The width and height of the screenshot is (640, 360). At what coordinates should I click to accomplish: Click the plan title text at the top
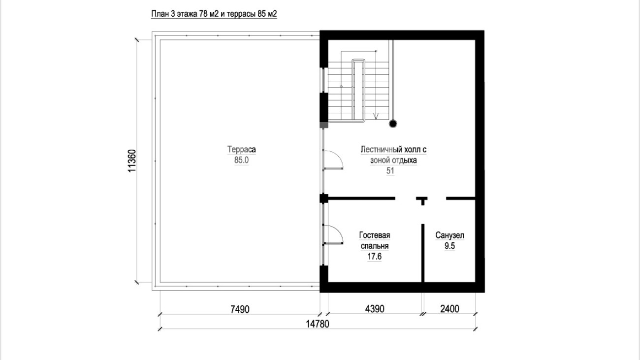click(x=214, y=14)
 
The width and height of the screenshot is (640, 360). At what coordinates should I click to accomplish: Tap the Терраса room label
click(x=241, y=149)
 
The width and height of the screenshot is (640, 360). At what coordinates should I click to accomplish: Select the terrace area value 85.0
click(x=241, y=160)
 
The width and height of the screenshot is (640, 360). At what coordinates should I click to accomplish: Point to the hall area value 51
click(x=390, y=171)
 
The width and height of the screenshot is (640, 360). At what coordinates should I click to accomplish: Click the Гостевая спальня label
click(x=375, y=240)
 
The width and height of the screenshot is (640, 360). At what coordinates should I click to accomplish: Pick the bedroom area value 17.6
click(x=374, y=257)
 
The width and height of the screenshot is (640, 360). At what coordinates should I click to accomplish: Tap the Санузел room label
click(x=449, y=235)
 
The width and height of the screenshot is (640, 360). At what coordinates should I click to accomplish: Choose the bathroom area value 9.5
click(x=449, y=246)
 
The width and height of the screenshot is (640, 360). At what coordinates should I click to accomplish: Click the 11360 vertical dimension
click(x=132, y=161)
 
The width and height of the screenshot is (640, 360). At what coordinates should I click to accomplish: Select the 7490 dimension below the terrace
click(x=240, y=309)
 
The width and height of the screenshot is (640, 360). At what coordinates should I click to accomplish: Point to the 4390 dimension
click(x=375, y=309)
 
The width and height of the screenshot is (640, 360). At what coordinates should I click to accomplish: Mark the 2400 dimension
click(x=449, y=309)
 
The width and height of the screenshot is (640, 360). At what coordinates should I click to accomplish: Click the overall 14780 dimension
click(x=318, y=324)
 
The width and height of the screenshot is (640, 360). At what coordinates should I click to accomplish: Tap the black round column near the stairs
click(x=393, y=124)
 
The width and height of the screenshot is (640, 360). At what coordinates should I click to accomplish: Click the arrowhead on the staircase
click(x=376, y=116)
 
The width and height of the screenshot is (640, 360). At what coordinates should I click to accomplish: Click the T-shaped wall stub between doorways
click(x=422, y=200)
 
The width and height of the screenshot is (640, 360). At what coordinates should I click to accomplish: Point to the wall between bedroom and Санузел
click(x=423, y=253)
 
